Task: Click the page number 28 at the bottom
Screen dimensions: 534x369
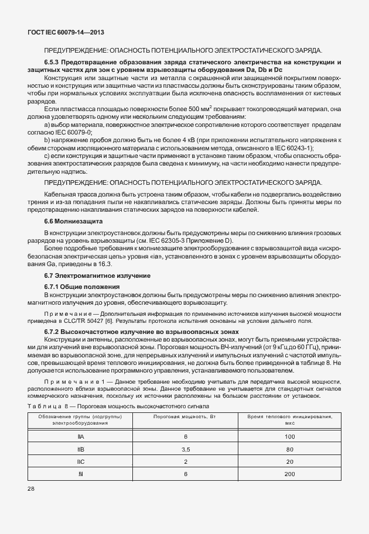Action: click(x=31, y=488)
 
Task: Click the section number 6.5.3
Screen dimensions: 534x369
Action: click(x=54, y=62)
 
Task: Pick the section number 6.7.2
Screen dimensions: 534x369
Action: click(x=54, y=332)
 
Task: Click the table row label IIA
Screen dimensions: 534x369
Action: click(x=80, y=437)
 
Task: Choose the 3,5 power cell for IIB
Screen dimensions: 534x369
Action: click(x=185, y=449)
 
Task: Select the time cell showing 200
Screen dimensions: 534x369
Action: click(x=289, y=474)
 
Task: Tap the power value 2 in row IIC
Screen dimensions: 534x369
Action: click(x=185, y=461)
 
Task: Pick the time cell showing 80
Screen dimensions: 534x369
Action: click(x=289, y=449)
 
